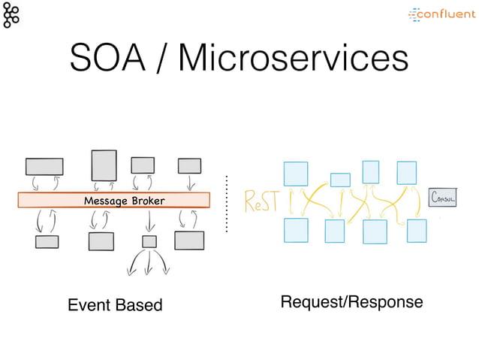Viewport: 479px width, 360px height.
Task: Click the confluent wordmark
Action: click(443, 14)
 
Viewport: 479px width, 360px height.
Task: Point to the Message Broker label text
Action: click(124, 201)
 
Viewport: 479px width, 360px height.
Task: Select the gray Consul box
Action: click(441, 197)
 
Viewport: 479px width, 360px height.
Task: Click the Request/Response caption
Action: click(351, 302)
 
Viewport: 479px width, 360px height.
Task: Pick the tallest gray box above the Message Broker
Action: click(104, 165)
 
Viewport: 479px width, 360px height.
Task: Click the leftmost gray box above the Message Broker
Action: click(44, 166)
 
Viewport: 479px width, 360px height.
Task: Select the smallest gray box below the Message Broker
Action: click(149, 241)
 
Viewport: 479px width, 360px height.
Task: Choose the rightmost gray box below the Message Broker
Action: click(189, 241)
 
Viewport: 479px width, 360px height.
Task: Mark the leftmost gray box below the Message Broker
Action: click(47, 242)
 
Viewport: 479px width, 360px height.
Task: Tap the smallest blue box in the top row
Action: click(340, 180)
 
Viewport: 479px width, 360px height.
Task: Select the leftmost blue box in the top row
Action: click(295, 174)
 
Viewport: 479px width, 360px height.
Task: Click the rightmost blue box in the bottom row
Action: click(417, 231)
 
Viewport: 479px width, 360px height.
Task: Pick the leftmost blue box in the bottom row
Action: click(296, 230)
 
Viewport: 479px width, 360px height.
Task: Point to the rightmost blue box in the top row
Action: click(406, 172)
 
